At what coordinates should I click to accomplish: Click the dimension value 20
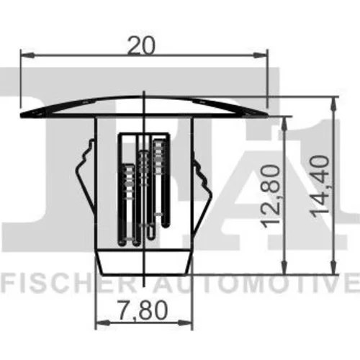click(141, 45)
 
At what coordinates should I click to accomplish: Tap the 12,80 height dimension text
click(271, 196)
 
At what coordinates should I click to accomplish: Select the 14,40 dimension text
click(320, 186)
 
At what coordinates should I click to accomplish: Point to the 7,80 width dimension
click(143, 310)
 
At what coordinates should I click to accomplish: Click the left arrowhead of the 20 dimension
click(27, 55)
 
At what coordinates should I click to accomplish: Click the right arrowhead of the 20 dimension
click(260, 55)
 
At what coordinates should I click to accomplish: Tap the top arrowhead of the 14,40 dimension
click(333, 104)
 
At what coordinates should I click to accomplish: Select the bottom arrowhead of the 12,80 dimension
click(284, 267)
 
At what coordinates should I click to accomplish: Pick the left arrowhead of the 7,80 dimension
click(102, 323)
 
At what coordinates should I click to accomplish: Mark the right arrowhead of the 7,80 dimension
click(185, 323)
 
